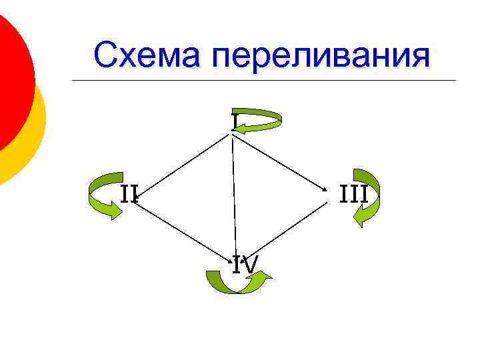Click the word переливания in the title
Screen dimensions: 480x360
click(321, 57)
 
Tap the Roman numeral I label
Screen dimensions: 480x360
click(235, 121)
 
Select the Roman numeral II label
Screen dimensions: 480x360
click(129, 194)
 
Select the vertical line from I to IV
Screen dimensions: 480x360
click(234, 193)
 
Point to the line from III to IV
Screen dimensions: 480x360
click(287, 227)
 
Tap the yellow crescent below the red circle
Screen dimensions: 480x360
click(27, 143)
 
